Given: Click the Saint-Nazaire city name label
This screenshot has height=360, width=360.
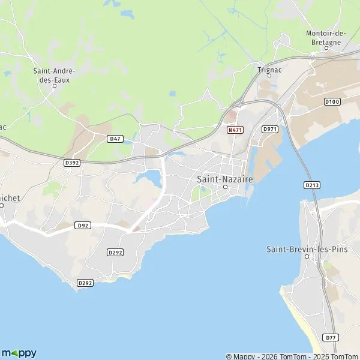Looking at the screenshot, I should point(225,179).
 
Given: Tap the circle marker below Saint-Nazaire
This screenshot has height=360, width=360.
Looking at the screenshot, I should point(226,187).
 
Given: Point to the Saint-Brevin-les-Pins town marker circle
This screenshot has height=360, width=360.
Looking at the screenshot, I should point(307,257).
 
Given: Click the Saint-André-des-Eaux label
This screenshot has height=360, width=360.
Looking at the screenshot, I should point(54,75).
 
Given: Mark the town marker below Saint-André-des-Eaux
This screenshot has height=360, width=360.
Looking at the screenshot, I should point(55,85).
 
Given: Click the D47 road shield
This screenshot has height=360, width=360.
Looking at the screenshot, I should point(115,139).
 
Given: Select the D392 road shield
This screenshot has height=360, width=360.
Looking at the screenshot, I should point(72,163).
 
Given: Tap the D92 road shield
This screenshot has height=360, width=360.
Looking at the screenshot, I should point(83,226).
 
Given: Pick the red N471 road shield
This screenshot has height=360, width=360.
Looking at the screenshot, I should point(235,130).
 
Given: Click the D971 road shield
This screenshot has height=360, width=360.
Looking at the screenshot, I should point(270,129).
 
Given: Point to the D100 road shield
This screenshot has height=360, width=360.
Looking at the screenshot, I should point(332,102).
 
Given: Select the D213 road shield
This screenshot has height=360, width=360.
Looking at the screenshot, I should point(311,185).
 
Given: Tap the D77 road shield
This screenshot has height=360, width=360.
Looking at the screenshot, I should point(331,338).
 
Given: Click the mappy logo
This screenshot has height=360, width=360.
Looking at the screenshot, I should point(19,353).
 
